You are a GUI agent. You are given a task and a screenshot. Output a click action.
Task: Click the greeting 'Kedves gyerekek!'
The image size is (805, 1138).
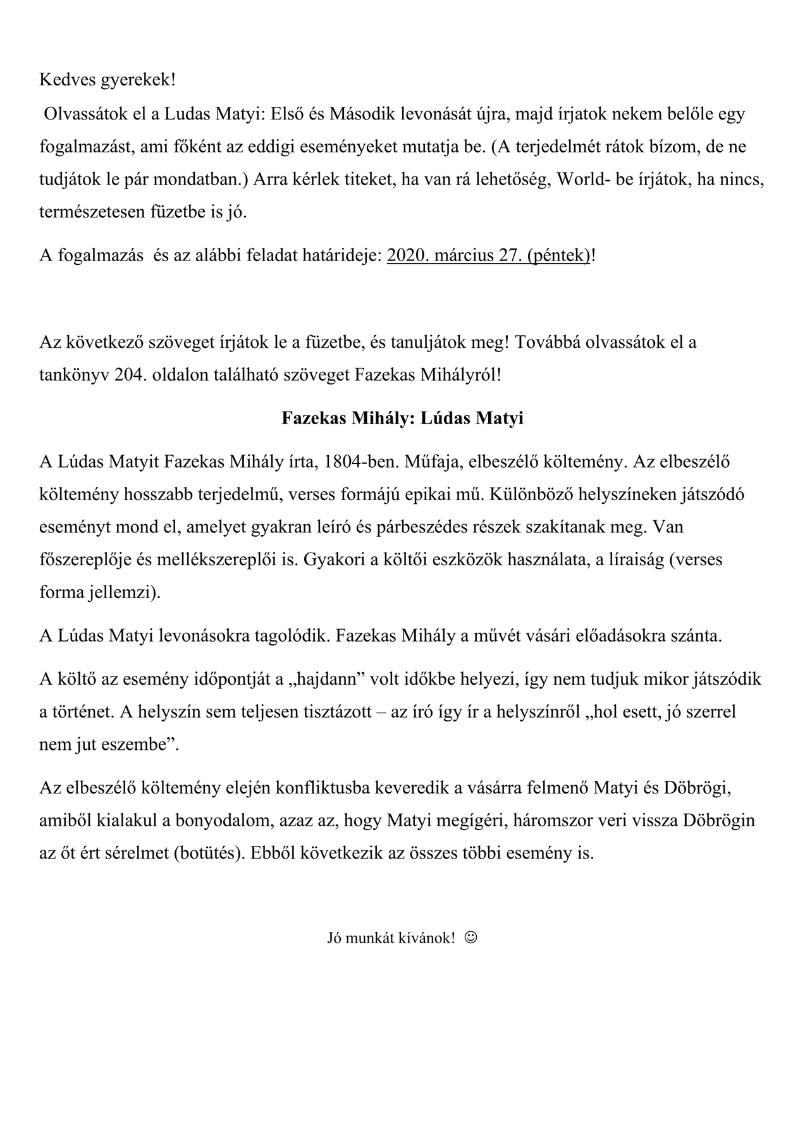(108, 80)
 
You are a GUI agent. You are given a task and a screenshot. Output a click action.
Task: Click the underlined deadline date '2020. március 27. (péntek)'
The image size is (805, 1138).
(488, 255)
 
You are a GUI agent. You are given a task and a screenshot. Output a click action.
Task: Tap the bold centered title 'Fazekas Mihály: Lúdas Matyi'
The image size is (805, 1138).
(402, 419)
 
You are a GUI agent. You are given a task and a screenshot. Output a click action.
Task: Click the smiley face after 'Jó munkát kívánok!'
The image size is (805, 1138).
(470, 937)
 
